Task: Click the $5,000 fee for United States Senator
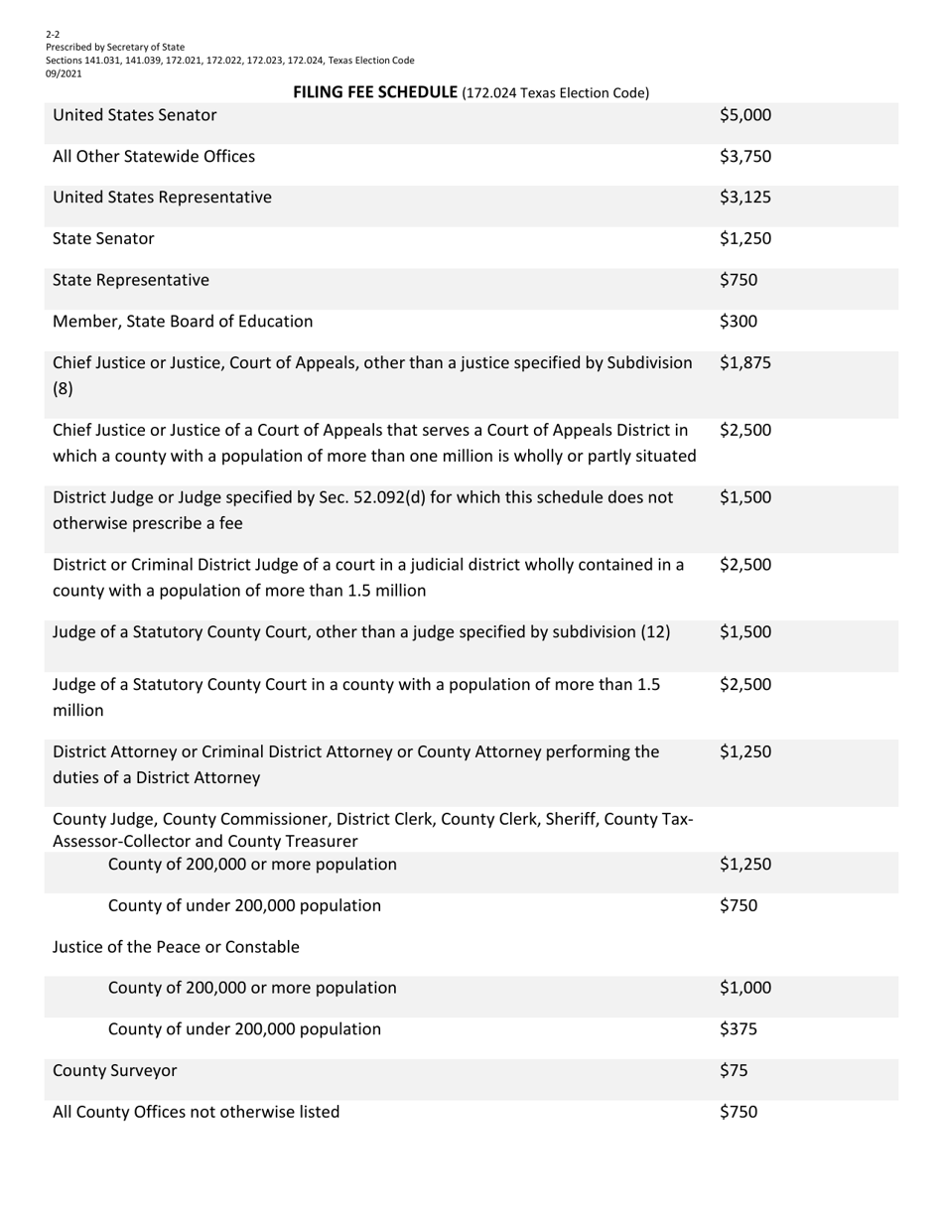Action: tap(744, 115)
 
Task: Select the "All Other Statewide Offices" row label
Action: tap(153, 156)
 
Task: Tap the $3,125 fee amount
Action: tap(744, 198)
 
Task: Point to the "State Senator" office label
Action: tap(103, 238)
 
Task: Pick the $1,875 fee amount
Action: tap(744, 363)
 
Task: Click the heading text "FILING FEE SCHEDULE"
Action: tap(375, 92)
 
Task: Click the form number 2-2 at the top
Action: tap(53, 34)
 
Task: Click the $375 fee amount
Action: tap(738, 1028)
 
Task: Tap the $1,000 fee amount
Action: tap(744, 988)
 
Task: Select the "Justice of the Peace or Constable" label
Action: tap(176, 947)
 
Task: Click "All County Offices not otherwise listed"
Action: tap(196, 1112)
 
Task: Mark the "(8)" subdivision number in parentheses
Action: tap(63, 388)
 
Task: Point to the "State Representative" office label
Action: tap(130, 280)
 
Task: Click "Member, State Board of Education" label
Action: tap(183, 321)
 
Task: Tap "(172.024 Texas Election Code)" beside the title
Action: tap(555, 93)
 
